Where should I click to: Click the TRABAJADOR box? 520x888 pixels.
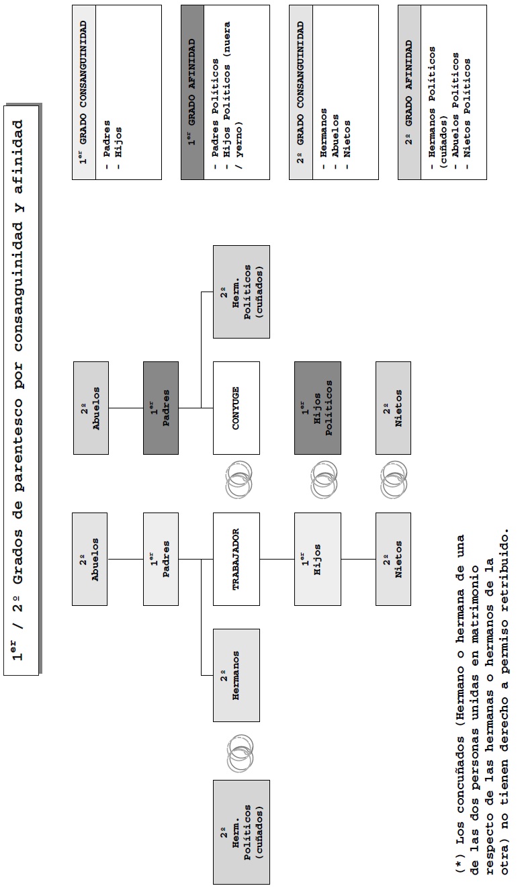236,559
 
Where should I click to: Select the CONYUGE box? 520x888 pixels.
236,408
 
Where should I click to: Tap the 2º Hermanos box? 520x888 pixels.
236,675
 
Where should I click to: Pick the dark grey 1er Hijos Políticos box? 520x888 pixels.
318,408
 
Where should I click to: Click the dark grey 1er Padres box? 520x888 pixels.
161,408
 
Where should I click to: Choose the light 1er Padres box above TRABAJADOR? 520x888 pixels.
161,559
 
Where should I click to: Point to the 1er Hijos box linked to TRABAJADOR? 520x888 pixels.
318,559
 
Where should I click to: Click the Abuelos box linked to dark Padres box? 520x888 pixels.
91,408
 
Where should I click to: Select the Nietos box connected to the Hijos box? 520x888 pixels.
393,559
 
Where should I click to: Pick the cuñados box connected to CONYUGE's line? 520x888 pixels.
241,292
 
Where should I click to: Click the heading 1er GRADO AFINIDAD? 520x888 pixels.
192,92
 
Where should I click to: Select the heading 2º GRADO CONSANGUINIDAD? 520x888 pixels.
301,92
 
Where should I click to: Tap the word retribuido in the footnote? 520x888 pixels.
504,572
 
